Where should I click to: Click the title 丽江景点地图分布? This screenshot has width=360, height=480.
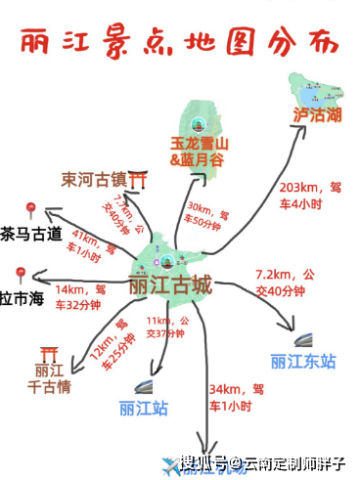[181, 42]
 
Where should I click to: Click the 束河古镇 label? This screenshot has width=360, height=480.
[93, 180]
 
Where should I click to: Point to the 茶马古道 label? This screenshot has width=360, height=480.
[30, 235]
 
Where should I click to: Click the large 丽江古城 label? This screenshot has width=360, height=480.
[170, 287]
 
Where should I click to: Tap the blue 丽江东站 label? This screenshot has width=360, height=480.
[303, 362]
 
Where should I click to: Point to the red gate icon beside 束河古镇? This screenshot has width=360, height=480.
[139, 180]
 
